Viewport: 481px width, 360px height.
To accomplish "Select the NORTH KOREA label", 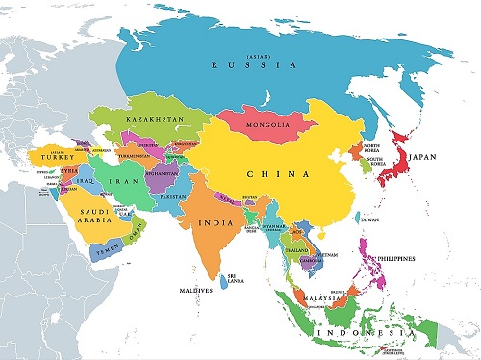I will click(372, 147).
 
